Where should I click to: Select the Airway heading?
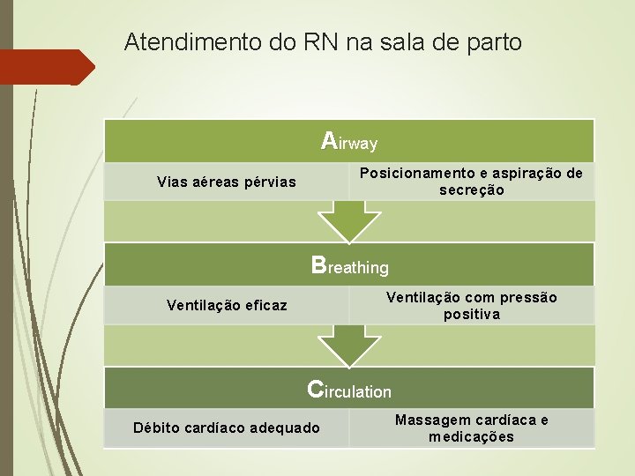click(x=349, y=141)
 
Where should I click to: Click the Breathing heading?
click(x=349, y=265)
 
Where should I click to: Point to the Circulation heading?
click(x=349, y=389)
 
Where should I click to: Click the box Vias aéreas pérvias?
click(x=226, y=182)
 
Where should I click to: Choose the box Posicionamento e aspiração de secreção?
click(x=471, y=182)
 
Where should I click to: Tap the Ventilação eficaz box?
click(x=226, y=306)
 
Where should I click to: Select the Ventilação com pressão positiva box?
click(x=471, y=306)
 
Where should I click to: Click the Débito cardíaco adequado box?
click(x=226, y=428)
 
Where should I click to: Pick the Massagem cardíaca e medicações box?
click(x=471, y=428)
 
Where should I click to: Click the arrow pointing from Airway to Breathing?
click(x=349, y=220)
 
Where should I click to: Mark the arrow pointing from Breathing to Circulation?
click(x=349, y=344)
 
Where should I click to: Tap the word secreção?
click(x=472, y=190)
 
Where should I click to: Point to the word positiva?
click(x=472, y=315)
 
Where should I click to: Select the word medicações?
click(x=472, y=437)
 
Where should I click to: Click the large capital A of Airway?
click(x=329, y=140)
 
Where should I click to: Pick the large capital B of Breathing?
click(x=319, y=264)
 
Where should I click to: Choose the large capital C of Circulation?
click(x=316, y=388)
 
